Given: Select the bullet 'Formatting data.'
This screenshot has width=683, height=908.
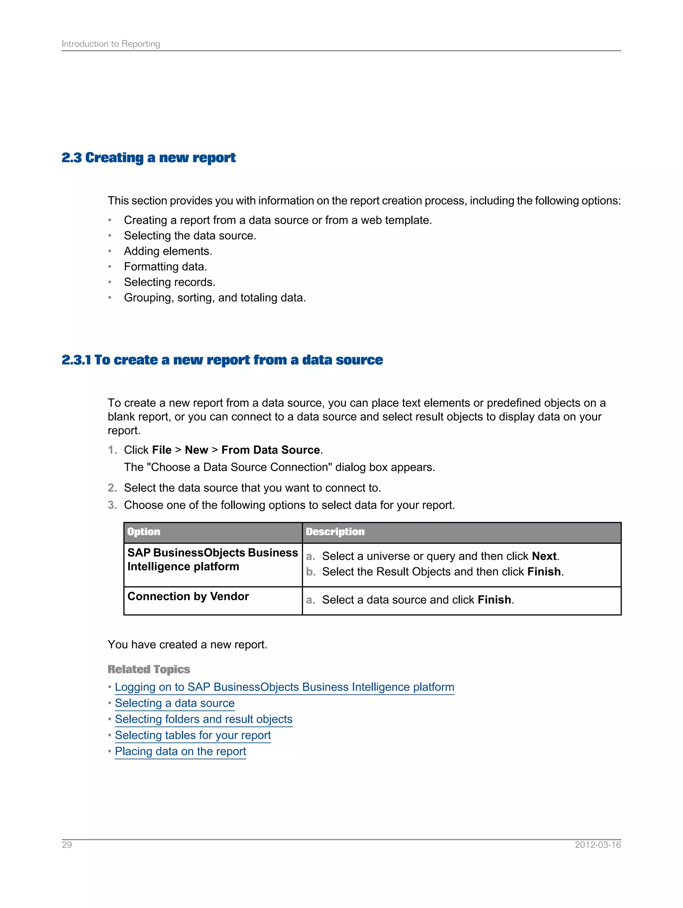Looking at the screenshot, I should tap(165, 267).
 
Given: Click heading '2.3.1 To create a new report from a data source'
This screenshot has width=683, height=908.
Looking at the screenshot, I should tap(222, 360).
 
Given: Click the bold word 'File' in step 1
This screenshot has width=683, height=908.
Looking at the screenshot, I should tap(162, 450).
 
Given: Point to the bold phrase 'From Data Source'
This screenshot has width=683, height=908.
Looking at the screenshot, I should tap(270, 450).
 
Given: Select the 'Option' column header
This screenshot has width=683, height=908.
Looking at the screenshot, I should tap(144, 532).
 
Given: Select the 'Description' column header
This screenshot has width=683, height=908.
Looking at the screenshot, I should tap(335, 532).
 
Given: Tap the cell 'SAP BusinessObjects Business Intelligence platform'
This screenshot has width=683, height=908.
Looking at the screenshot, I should tap(212, 560).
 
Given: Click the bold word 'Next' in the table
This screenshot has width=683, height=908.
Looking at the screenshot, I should tap(544, 556).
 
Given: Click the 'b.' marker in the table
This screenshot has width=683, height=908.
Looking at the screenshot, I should tap(310, 572).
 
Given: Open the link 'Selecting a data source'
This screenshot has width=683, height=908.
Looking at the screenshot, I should tap(174, 703).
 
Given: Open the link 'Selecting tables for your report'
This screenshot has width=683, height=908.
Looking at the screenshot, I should tap(193, 735).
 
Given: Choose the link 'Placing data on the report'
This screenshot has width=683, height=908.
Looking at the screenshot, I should tap(180, 751).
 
